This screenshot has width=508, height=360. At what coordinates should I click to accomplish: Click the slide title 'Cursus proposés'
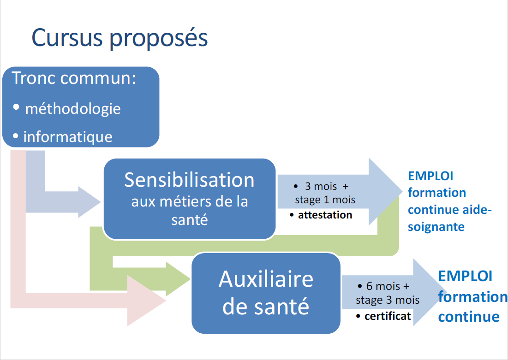tap(120, 38)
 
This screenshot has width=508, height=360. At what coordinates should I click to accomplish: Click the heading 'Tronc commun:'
tap(74, 78)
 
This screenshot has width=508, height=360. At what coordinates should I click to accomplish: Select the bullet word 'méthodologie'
tap(73, 109)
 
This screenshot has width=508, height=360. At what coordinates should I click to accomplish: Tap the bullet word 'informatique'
tap(68, 136)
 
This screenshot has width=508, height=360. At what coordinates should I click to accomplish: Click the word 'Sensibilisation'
tap(189, 180)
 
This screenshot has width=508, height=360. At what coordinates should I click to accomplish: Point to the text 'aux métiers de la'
tap(190, 201)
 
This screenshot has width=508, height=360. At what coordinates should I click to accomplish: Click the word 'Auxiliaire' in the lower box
tap(266, 279)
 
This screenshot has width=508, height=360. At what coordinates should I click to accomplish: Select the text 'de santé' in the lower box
tap(266, 306)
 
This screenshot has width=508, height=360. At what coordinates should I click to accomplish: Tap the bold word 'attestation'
tap(325, 215)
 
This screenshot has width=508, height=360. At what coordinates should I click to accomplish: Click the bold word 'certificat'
tap(388, 316)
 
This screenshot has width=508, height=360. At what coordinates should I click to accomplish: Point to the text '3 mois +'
tap(327, 187)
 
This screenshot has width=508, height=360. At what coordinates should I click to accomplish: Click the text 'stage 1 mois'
tap(325, 200)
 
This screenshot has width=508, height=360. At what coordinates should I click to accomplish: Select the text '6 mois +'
tap(388, 286)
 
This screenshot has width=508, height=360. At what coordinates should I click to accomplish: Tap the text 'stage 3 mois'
tap(388, 300)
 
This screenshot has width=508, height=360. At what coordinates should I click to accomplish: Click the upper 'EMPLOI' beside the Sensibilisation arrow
tap(430, 176)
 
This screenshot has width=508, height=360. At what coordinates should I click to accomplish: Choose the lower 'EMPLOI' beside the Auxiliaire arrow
tap(465, 276)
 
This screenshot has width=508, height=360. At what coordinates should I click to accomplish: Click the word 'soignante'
tap(436, 227)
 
